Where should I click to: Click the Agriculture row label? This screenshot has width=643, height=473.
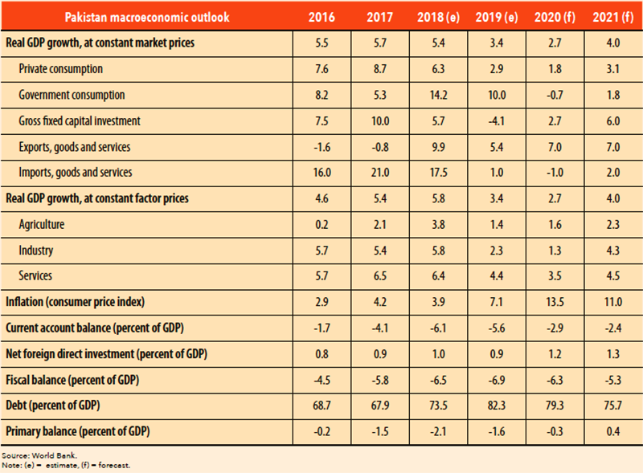coord(42,224)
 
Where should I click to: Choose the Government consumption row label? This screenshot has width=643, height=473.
coord(72,95)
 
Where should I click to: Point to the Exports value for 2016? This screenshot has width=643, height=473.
coord(326,146)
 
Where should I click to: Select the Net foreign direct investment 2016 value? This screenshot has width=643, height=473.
coord(326,353)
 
